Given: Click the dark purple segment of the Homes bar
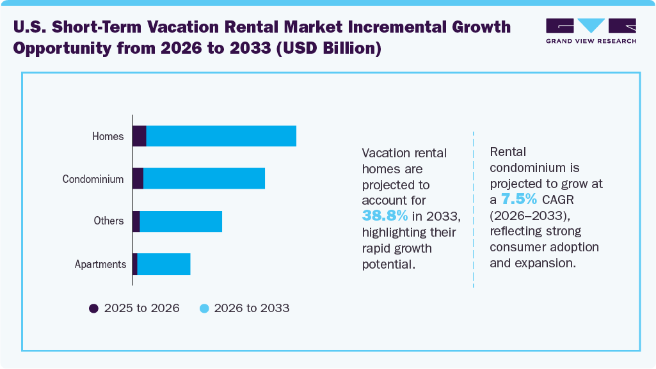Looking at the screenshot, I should click(140, 136).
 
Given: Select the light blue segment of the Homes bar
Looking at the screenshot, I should click(221, 136).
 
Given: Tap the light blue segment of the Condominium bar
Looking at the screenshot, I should click(204, 178).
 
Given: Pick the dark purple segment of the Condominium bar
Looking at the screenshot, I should click(138, 178).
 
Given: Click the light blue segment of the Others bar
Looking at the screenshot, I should click(180, 221).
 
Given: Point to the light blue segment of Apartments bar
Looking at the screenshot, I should click(164, 264).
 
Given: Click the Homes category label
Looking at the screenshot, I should click(108, 136).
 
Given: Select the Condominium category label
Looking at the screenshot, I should click(93, 179).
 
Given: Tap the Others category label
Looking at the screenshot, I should click(108, 221).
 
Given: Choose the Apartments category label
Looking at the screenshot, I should click(100, 264).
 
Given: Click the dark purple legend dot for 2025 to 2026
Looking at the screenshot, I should click(94, 308).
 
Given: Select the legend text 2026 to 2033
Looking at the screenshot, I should click(252, 308).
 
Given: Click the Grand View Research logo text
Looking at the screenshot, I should click(591, 41).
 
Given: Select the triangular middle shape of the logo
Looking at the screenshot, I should click(591, 26).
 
